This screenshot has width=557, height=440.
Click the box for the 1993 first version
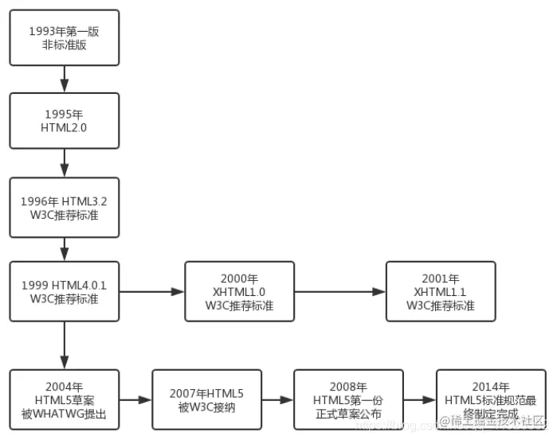tap(64, 37)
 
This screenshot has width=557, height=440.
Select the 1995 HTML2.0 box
tap(64, 121)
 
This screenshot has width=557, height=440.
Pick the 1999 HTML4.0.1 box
tap(64, 291)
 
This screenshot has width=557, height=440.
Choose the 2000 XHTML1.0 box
tap(239, 291)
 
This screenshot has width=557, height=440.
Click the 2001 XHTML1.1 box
tap(441, 291)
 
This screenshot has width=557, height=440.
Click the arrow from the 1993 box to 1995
tap(64, 79)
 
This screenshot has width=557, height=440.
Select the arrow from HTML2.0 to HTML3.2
tap(64, 163)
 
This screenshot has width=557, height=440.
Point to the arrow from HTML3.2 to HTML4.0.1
tap(64, 248)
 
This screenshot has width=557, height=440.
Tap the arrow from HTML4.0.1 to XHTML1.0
tap(151, 291)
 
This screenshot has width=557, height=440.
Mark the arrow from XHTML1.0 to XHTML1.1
tap(339, 291)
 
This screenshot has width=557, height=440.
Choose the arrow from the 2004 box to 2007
tap(135, 400)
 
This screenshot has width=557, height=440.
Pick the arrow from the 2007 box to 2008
tap(277, 400)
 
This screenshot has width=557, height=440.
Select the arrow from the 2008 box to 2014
tap(420, 400)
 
